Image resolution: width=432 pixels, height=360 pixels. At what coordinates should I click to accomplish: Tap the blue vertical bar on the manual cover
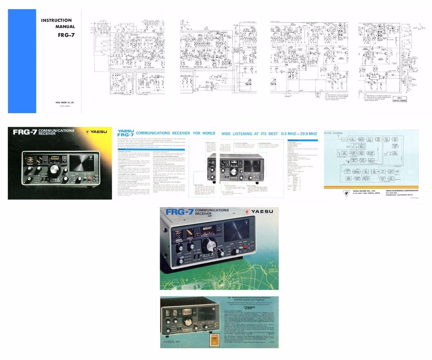pyautogui.click(x=22, y=61)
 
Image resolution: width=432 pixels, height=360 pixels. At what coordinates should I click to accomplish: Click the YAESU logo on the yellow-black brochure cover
pyautogui.click(x=97, y=132)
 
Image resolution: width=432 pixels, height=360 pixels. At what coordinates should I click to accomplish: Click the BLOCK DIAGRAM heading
pyautogui.click(x=333, y=134)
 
